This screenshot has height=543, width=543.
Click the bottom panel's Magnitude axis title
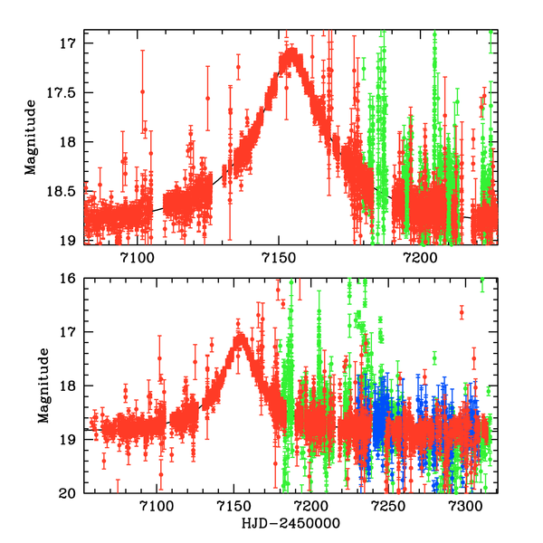pyautogui.click(x=42, y=386)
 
